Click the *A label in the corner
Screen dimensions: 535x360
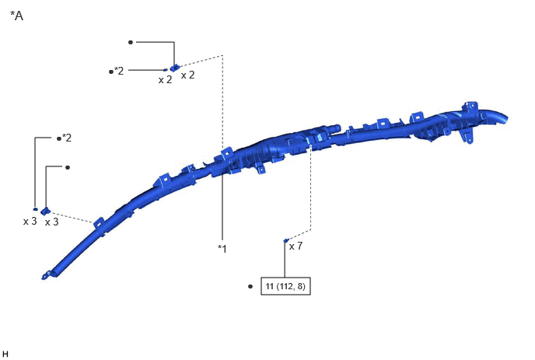point(17,16)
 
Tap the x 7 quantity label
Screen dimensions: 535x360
point(295,246)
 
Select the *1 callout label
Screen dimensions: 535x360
point(222,249)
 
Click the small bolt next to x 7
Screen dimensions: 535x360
point(286,240)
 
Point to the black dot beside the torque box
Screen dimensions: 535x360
point(250,286)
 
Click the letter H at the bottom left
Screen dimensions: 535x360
point(5,355)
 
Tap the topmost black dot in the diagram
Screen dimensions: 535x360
point(131,42)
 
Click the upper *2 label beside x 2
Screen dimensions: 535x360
point(119,71)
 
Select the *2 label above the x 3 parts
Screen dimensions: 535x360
point(67,138)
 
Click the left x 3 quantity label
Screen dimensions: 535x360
point(30,222)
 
